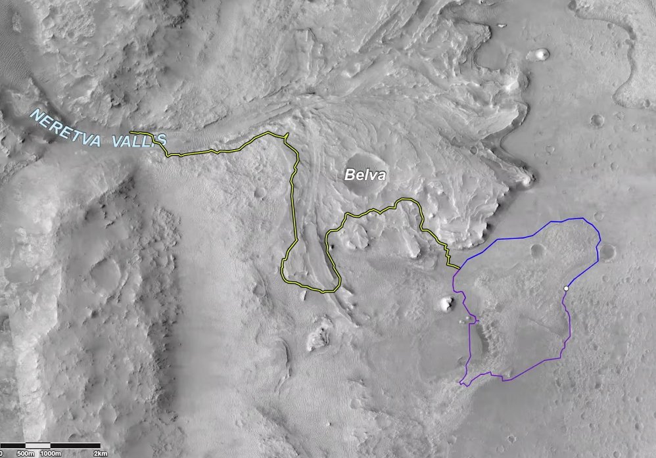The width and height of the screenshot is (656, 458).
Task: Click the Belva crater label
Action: [363, 175]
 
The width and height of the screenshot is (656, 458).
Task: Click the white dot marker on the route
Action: [566, 288]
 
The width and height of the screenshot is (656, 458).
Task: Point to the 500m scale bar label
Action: [25, 453]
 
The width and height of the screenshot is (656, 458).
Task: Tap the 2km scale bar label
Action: [100, 453]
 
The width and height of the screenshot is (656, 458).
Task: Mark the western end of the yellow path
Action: [131, 133]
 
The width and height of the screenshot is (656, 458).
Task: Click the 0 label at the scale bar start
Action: [2, 453]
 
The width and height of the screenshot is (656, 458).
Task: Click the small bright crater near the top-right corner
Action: [542, 54]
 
